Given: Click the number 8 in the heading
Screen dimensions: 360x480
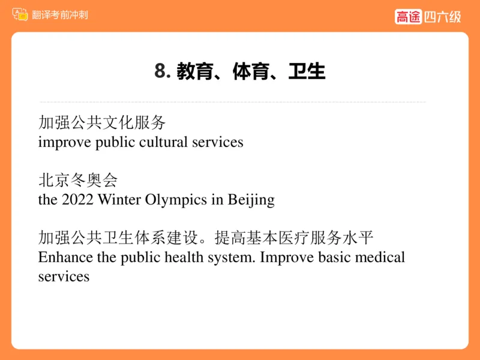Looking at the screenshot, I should (160, 71).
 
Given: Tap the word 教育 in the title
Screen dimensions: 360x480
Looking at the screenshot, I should (194, 71).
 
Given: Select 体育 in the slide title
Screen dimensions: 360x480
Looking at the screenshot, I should (250, 71).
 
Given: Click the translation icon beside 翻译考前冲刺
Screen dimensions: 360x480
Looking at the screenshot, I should (20, 14).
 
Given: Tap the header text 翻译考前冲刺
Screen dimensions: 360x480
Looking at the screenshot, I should (60, 14).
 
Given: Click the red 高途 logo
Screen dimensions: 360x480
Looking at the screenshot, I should (409, 17).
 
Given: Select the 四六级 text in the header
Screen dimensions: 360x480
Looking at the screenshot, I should (443, 17).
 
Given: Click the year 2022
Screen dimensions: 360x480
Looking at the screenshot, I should (77, 200).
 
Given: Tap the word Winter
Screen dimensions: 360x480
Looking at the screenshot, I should (119, 200).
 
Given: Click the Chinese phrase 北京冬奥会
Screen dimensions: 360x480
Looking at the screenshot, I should (78, 181).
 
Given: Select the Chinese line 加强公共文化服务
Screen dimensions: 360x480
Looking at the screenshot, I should (102, 123).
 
